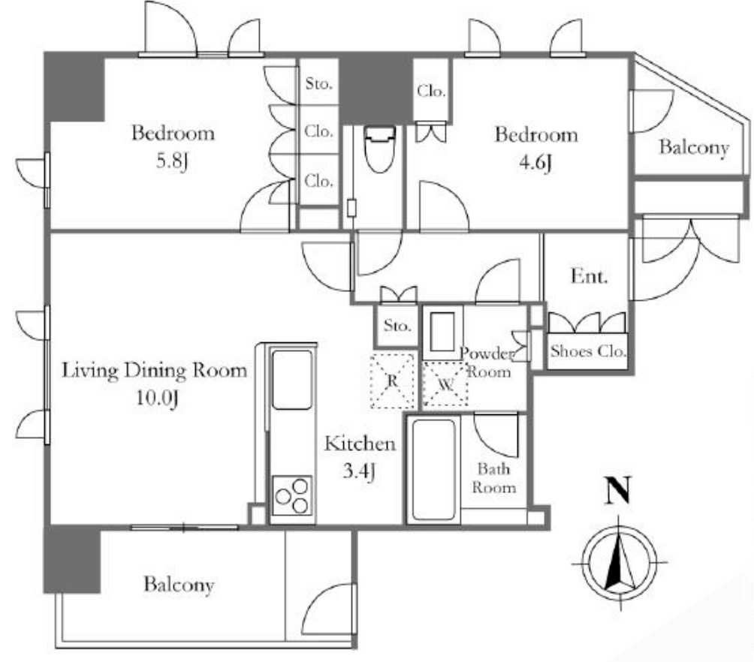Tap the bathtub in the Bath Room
click(434, 470)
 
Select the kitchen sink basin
click(291, 379)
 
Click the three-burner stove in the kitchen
click(291, 495)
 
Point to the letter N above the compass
click(617, 490)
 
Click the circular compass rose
click(619, 562)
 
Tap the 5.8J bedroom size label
click(172, 161)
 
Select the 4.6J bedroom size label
click(535, 163)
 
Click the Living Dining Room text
click(155, 371)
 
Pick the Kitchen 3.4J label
click(360, 456)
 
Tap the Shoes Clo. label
click(587, 351)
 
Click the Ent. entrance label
click(589, 276)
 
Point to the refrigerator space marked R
click(392, 381)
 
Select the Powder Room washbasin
click(442, 332)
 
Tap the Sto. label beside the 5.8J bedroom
click(319, 83)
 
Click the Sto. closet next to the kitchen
click(397, 326)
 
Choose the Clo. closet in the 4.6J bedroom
click(431, 90)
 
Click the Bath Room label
click(493, 478)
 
